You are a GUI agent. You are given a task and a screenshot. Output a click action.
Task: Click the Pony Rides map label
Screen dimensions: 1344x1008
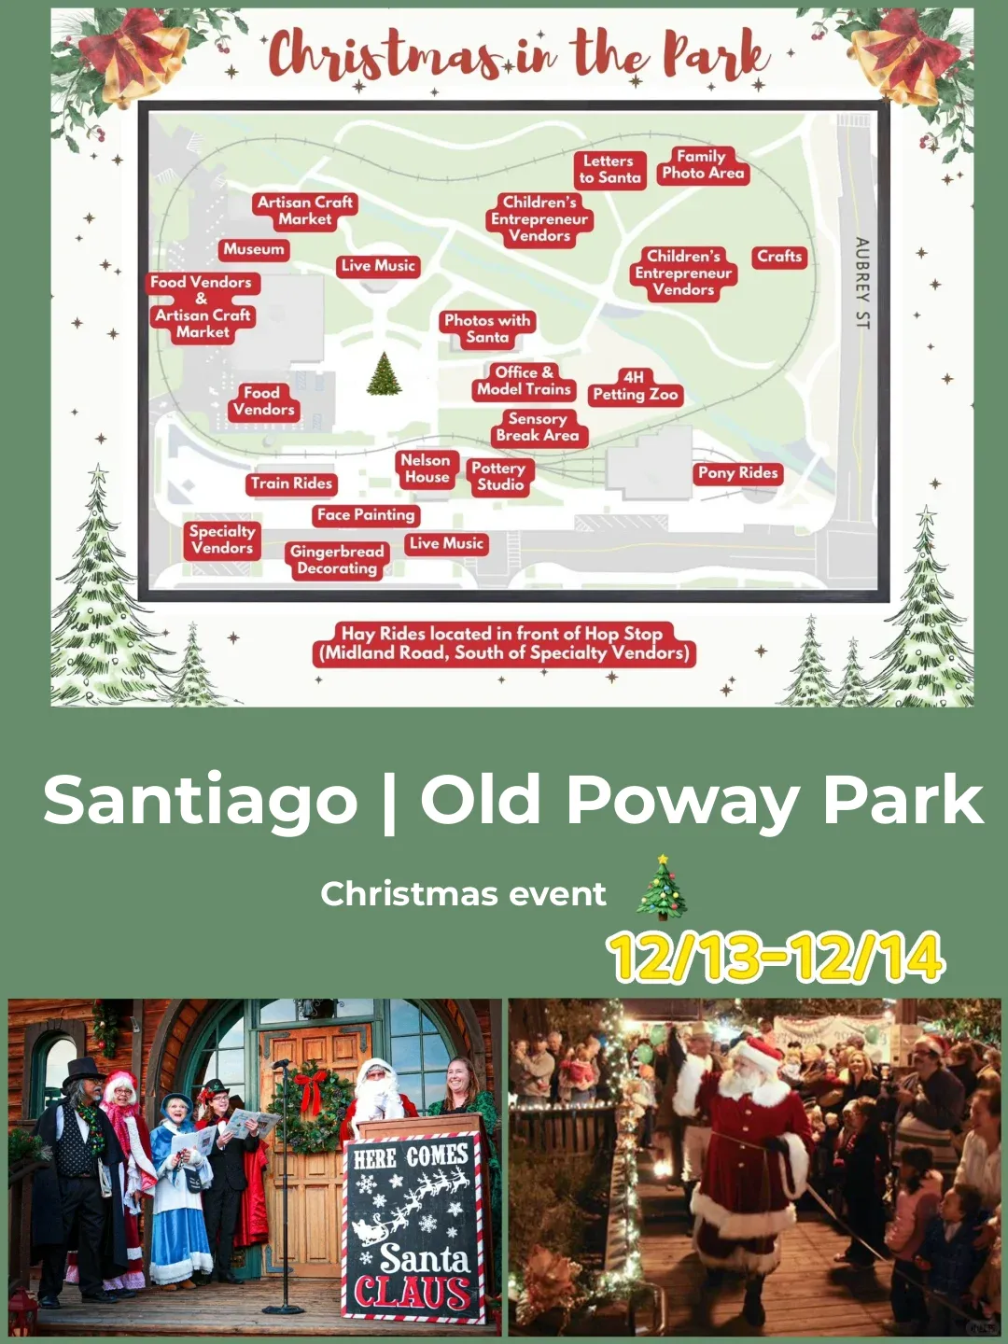737,473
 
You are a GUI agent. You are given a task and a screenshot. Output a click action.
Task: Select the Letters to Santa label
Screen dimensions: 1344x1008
609,169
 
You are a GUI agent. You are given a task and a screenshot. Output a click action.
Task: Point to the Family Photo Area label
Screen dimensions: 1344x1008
703,165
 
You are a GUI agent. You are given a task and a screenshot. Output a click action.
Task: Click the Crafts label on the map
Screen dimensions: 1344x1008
779,257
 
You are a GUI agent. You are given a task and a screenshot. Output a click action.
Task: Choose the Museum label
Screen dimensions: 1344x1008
254,249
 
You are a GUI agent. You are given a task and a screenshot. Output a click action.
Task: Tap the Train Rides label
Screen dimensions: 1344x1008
291,483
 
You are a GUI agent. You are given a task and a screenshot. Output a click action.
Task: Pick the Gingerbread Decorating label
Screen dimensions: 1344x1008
337,560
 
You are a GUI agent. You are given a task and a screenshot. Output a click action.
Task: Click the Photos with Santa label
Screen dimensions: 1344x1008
487,329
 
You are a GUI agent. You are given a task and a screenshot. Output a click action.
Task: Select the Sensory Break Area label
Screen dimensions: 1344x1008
538,427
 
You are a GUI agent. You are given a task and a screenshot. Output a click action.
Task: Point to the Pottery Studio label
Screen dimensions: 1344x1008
499,476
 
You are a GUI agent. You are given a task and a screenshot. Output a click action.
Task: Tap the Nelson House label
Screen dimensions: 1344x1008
427,469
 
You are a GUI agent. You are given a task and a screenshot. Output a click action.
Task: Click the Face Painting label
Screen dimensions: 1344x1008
365,515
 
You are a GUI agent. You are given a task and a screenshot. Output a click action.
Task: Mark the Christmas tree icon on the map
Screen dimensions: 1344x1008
384,374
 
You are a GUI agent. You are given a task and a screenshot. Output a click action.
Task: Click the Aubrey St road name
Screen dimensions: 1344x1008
861,283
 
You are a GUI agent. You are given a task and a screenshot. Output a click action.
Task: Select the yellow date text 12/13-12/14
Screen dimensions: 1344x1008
776,957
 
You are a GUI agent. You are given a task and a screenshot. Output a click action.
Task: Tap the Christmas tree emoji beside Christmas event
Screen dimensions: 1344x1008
662,889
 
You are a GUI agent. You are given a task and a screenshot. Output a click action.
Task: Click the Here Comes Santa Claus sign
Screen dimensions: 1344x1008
413,1227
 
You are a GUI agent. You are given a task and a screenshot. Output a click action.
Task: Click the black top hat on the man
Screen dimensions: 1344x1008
84,1071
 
